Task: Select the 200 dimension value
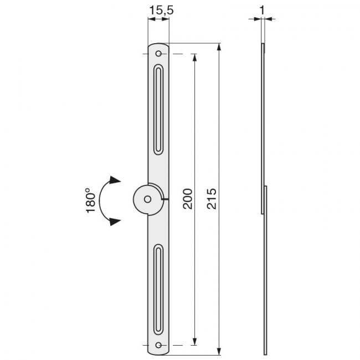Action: [188, 198]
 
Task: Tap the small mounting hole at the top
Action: [159, 54]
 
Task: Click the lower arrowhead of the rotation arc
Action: [115, 221]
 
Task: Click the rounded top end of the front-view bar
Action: [159, 45]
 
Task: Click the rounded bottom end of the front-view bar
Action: [159, 352]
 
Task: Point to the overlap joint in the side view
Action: [264, 199]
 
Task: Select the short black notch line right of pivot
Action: [165, 198]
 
